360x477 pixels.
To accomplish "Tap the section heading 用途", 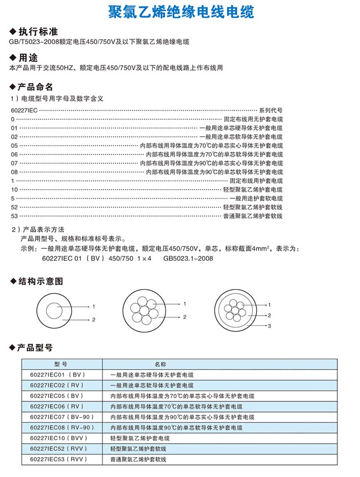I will (x=28, y=58).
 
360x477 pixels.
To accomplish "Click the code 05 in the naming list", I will (x=14, y=146).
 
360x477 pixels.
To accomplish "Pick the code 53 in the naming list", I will (x=14, y=216).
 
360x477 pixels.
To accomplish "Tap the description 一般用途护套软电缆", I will (x=256, y=198).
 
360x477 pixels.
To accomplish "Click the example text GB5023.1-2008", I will (x=188, y=258).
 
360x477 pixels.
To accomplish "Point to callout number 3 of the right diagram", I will (x=269, y=326).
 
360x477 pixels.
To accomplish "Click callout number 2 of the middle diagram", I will (x=184, y=317).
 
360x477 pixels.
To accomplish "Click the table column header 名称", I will (x=160, y=364).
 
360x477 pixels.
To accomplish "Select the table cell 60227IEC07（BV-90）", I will (x=62, y=417).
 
